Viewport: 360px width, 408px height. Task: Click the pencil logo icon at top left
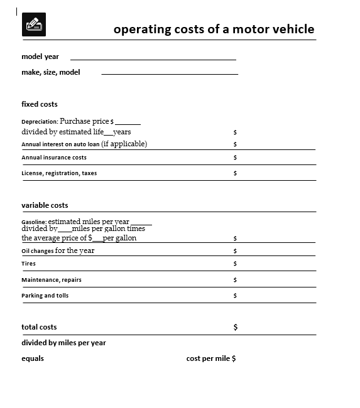coord(33,25)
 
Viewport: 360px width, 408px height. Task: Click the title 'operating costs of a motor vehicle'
coord(214,29)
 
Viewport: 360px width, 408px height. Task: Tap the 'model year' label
coord(40,56)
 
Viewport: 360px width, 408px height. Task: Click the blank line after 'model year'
coord(153,58)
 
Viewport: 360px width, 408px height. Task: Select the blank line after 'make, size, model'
coord(170,73)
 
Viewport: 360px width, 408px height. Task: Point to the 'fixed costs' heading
coord(40,104)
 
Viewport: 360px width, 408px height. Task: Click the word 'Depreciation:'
coord(40,122)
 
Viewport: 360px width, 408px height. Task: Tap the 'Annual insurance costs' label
coord(54,158)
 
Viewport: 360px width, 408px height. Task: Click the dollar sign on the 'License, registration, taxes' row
coord(235,173)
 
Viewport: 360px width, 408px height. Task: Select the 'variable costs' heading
coord(45,205)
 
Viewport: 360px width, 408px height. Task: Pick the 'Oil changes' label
coord(38,251)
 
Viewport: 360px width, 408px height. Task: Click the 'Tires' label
coord(29,264)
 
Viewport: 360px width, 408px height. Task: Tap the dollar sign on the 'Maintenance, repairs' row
coord(235,280)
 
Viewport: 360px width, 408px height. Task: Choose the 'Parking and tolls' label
coord(45,296)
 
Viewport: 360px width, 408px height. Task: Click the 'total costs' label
coord(39,327)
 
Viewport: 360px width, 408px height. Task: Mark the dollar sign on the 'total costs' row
coord(236,327)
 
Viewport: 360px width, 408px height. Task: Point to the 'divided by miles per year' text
coord(63,343)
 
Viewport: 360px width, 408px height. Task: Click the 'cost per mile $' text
coord(211,358)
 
